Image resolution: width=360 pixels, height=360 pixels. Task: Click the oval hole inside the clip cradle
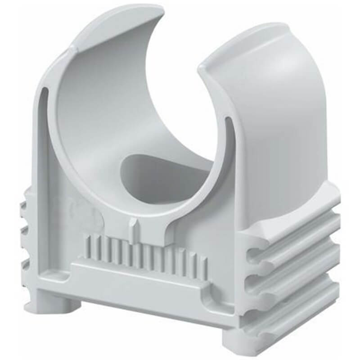(162, 173)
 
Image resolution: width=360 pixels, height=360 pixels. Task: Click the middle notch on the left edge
(24, 234)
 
